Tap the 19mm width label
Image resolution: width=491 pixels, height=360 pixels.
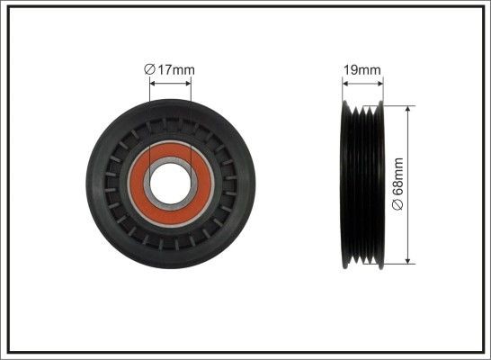tap(362, 68)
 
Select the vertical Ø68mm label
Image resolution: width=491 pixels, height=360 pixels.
tap(399, 184)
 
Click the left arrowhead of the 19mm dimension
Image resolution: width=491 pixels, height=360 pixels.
tap(345, 84)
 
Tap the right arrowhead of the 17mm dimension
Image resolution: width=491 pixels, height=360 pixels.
tap(190, 84)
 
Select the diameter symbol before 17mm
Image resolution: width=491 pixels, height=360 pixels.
tap(149, 69)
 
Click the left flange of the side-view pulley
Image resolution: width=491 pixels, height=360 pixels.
tap(345, 184)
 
